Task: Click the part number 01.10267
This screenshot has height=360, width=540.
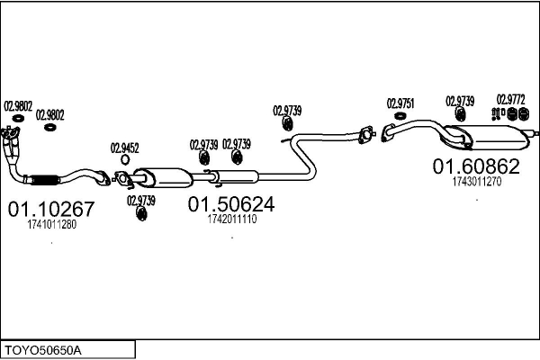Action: click(x=51, y=210)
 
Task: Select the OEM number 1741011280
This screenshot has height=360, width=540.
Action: click(x=51, y=225)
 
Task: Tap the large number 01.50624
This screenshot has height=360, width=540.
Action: click(x=230, y=204)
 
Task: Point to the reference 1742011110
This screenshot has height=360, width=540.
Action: click(x=231, y=219)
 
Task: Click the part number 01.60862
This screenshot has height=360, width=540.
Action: click(x=476, y=166)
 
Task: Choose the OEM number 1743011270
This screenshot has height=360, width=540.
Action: click(x=476, y=181)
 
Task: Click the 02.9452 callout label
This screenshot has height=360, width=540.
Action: click(x=124, y=148)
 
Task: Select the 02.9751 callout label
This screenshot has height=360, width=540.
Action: click(x=400, y=103)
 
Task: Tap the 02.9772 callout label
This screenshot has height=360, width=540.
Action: click(x=511, y=99)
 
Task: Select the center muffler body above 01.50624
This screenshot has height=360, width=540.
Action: click(x=162, y=176)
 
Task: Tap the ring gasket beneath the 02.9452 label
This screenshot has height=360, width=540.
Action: click(x=124, y=160)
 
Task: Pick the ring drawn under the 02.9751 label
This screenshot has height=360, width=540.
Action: click(x=400, y=117)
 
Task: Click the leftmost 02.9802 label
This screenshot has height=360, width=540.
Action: click(x=17, y=104)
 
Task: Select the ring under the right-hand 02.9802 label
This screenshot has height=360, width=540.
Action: click(x=50, y=127)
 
